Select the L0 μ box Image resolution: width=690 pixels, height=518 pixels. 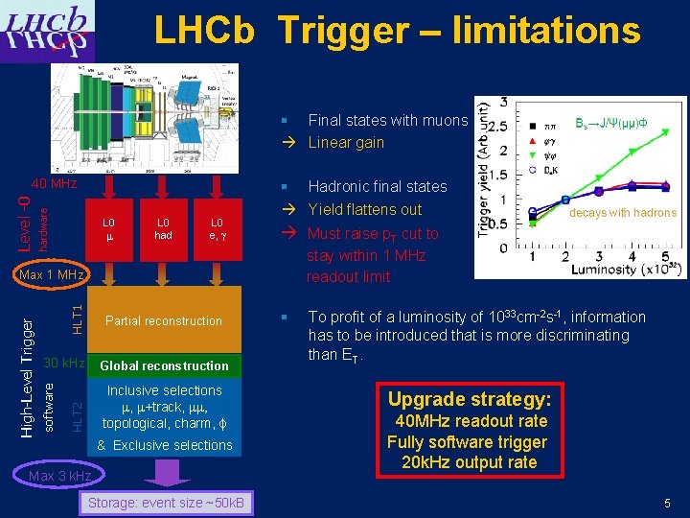(109, 228)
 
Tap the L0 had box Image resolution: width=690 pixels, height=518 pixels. (163, 228)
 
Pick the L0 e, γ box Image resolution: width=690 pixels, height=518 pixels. (217, 228)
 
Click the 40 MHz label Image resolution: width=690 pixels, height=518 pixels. (54, 182)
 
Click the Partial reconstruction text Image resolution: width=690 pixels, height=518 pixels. (164, 320)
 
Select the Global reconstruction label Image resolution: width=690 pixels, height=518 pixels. (164, 365)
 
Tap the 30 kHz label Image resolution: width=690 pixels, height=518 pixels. (63, 365)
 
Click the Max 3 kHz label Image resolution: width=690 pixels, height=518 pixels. (60, 476)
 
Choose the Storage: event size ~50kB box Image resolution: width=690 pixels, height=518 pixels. (167, 504)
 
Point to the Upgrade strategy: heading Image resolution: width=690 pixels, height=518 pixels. (470, 398)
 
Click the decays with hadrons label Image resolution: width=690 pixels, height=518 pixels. (623, 213)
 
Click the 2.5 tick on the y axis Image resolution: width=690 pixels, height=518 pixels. (494, 126)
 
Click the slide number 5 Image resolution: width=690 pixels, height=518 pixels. (666, 504)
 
